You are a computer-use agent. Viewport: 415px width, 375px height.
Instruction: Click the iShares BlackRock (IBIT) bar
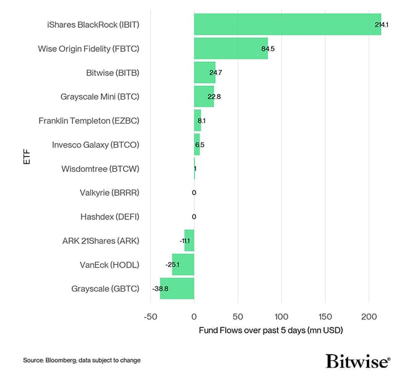[x=287, y=24]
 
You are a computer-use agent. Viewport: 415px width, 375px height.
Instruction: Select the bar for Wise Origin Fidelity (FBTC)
[x=231, y=48]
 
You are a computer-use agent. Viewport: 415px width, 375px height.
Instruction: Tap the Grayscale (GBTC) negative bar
[x=177, y=289]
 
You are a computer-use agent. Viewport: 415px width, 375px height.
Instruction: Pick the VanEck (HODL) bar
[x=183, y=264]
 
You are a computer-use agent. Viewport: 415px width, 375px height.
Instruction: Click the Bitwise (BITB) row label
[x=113, y=73]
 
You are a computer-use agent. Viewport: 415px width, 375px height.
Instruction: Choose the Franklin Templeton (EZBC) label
[x=88, y=120]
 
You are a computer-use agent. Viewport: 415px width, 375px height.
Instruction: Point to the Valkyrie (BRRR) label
[x=109, y=193]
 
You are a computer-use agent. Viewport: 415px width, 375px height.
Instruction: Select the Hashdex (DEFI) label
[x=109, y=217]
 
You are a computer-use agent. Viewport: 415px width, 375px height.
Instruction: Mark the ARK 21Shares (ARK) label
[x=101, y=241]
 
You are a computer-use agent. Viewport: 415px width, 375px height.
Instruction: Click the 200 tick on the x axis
[x=369, y=317]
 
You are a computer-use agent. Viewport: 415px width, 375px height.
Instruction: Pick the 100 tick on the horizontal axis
[x=281, y=317]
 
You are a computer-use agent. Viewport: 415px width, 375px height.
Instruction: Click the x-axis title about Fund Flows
[x=270, y=331]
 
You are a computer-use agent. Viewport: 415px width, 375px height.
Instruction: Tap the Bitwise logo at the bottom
[x=357, y=361]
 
